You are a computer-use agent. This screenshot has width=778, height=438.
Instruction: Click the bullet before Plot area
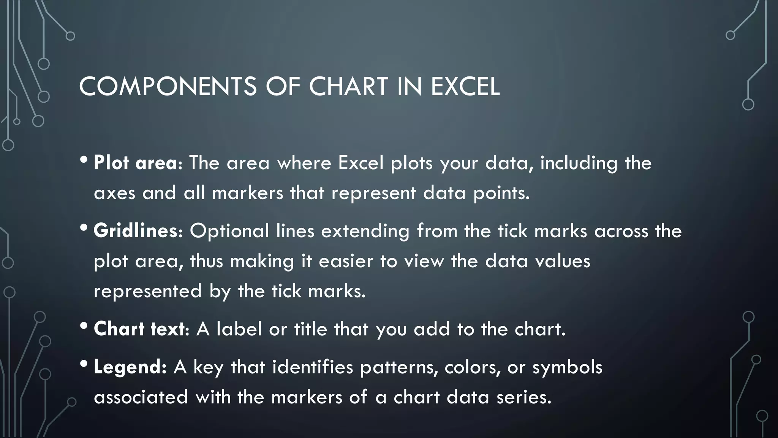84,160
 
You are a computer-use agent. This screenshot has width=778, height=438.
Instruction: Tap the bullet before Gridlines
84,228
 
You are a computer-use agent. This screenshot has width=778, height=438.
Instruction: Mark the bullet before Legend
84,364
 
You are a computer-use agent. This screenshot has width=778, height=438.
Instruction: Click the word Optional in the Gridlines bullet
229,231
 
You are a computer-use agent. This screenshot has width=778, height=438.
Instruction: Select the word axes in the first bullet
114,193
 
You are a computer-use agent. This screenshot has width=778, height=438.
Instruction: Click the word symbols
567,367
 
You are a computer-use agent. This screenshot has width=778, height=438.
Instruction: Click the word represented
148,291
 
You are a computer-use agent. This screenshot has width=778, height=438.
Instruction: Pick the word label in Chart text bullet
239,329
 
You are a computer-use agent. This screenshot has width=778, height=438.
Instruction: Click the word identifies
313,367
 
